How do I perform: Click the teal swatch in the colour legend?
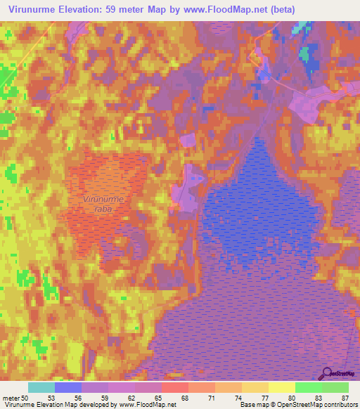pos(41,387)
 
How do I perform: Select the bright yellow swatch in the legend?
pos(282,387)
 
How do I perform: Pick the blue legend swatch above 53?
pos(68,387)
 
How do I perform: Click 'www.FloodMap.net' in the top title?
pos(224,9)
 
